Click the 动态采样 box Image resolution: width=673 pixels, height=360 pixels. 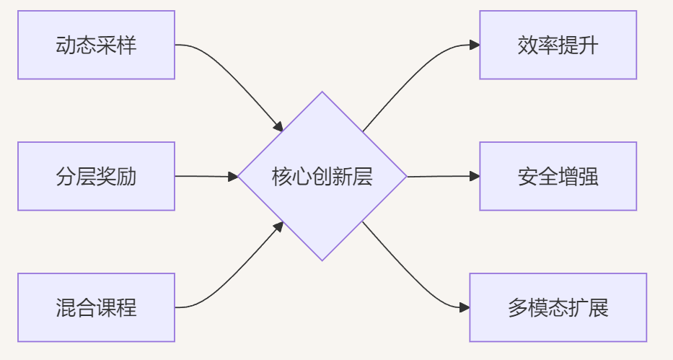(x=96, y=45)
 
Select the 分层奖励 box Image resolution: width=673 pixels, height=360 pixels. (x=96, y=176)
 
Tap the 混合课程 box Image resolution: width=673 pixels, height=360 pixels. (x=96, y=307)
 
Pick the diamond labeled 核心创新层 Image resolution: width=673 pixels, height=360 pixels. (x=322, y=176)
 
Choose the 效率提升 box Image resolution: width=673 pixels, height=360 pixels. (x=558, y=45)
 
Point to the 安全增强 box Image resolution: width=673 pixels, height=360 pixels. (x=558, y=176)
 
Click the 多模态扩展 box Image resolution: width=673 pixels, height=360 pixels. (x=558, y=307)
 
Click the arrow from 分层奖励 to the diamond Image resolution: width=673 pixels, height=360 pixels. (x=206, y=176)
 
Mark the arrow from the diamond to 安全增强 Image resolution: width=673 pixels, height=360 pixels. (x=440, y=176)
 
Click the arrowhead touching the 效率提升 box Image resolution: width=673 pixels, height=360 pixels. (x=475, y=45)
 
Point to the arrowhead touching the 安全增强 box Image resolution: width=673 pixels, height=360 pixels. (x=475, y=176)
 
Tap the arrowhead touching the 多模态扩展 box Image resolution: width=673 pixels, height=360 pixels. (x=465, y=307)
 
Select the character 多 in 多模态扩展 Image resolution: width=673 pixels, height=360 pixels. (x=517, y=308)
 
